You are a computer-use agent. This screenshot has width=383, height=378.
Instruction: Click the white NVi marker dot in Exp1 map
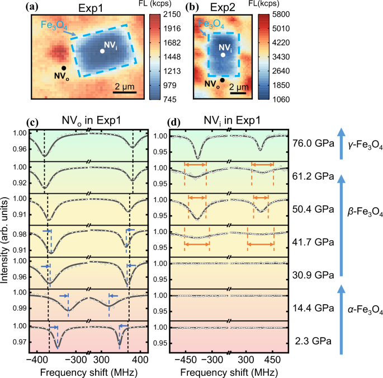102,51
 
